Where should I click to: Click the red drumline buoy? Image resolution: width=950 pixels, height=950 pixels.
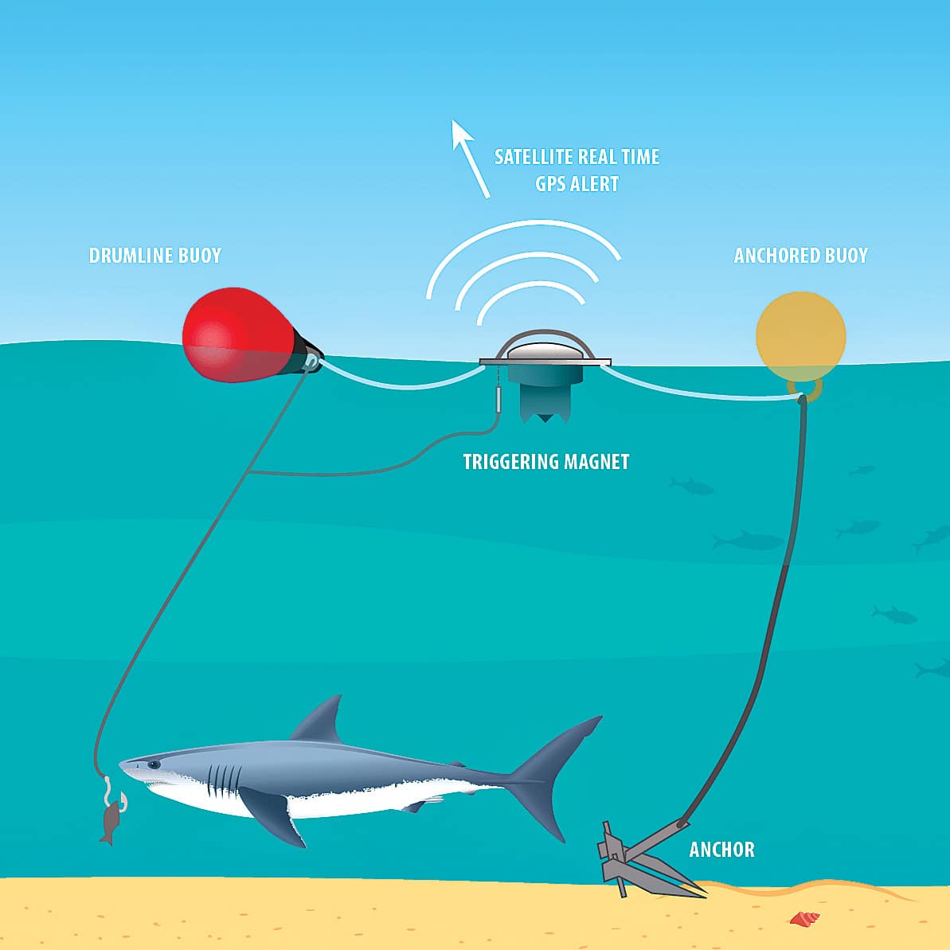pyautogui.click(x=240, y=335)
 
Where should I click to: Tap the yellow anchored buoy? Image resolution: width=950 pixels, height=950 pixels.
pyautogui.click(x=800, y=337)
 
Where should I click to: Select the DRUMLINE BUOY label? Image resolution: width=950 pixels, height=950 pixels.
pyautogui.click(x=155, y=256)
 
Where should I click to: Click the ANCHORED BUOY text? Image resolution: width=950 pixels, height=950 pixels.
pyautogui.click(x=801, y=256)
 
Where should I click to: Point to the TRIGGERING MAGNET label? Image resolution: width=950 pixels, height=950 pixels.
pyautogui.click(x=546, y=462)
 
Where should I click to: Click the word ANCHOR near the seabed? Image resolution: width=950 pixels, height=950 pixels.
pyautogui.click(x=722, y=850)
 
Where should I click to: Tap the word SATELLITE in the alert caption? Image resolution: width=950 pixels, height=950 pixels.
pyautogui.click(x=534, y=157)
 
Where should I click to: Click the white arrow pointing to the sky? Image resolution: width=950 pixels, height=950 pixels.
pyautogui.click(x=470, y=158)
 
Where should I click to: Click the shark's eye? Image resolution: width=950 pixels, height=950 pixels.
pyautogui.click(x=156, y=764)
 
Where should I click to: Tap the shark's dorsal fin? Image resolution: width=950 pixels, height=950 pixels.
pyautogui.click(x=319, y=720)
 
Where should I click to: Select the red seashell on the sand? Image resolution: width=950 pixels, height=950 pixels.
pyautogui.click(x=804, y=918)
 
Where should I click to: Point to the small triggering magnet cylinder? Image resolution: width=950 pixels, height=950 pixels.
pyautogui.click(x=498, y=400)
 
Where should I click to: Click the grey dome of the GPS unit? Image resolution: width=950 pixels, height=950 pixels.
pyautogui.click(x=545, y=350)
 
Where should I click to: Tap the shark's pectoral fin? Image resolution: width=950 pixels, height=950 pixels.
pyautogui.click(x=272, y=815)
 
